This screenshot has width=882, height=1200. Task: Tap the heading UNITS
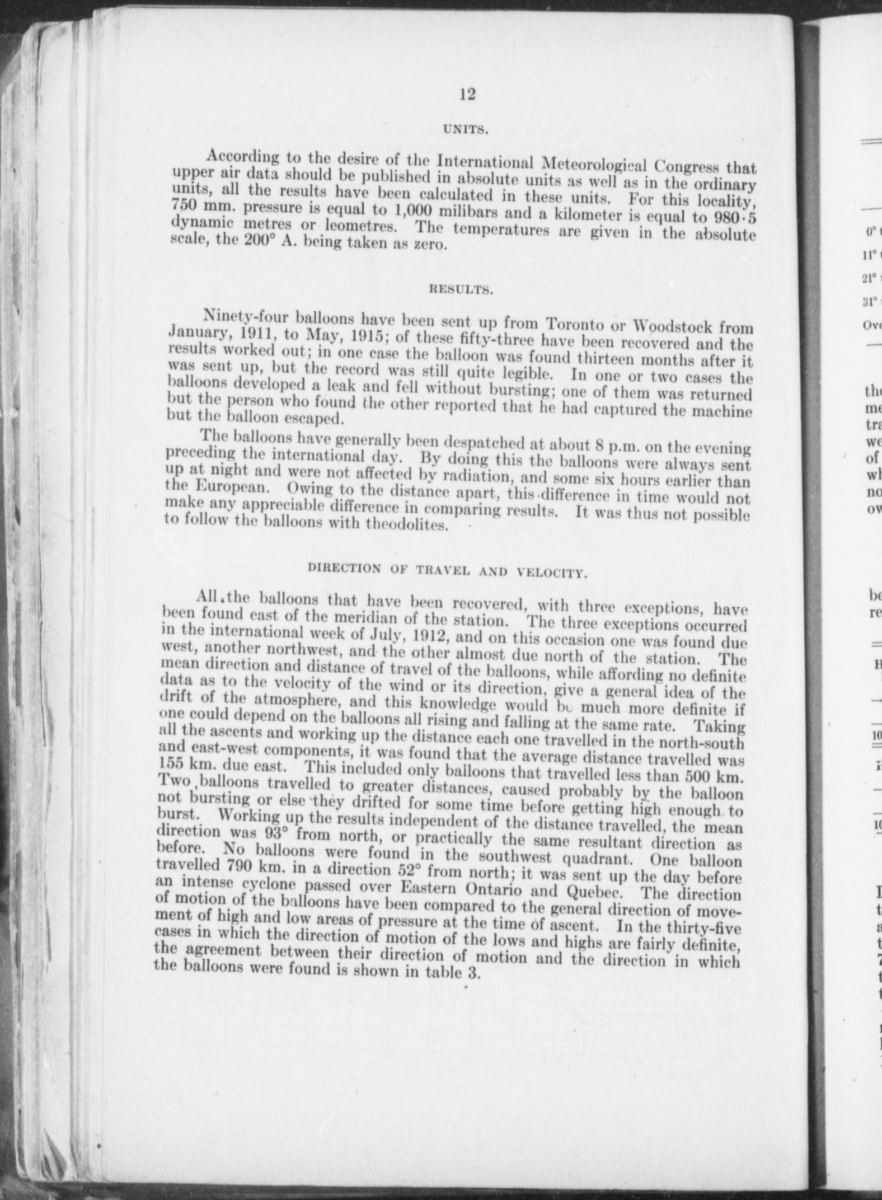point(467,130)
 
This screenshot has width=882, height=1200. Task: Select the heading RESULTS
point(460,290)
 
